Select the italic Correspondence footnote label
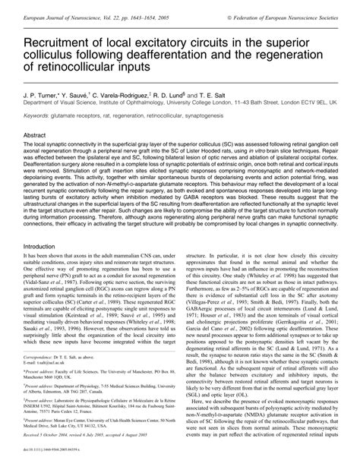click(x=45, y=397)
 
